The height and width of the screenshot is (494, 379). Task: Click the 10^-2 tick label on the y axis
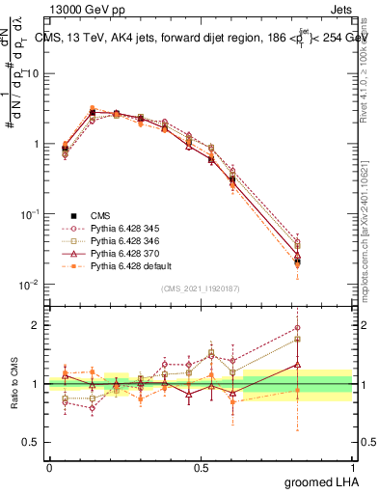[30, 285]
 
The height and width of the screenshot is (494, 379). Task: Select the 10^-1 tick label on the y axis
[30, 214]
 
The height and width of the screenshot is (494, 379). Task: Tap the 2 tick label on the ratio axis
[37, 325]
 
